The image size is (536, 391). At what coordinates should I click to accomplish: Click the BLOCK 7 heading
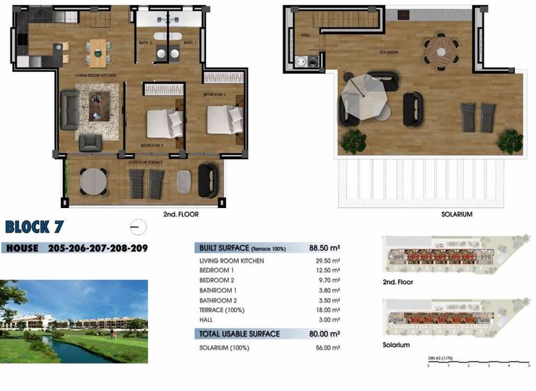click(x=38, y=226)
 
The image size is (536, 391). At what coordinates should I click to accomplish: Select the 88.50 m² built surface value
click(x=325, y=247)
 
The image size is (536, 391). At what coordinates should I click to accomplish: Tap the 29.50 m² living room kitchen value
click(x=326, y=260)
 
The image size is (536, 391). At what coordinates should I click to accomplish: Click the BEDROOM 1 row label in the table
click(x=217, y=270)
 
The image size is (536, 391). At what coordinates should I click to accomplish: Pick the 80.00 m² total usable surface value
click(x=325, y=334)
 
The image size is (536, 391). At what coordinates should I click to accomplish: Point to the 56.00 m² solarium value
click(x=326, y=347)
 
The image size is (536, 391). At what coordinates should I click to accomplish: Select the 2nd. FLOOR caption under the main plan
click(x=181, y=215)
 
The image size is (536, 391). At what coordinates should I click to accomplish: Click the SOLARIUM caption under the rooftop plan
click(x=457, y=215)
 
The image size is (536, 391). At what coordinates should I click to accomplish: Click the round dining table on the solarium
click(x=440, y=50)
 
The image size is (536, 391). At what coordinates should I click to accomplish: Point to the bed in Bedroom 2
click(x=164, y=124)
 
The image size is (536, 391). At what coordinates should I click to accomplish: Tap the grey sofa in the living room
click(x=70, y=109)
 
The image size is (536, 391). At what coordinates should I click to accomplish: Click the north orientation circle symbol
click(x=138, y=226)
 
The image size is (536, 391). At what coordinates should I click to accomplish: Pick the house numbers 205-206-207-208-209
click(x=98, y=248)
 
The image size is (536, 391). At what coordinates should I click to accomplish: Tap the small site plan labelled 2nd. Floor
click(x=454, y=255)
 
